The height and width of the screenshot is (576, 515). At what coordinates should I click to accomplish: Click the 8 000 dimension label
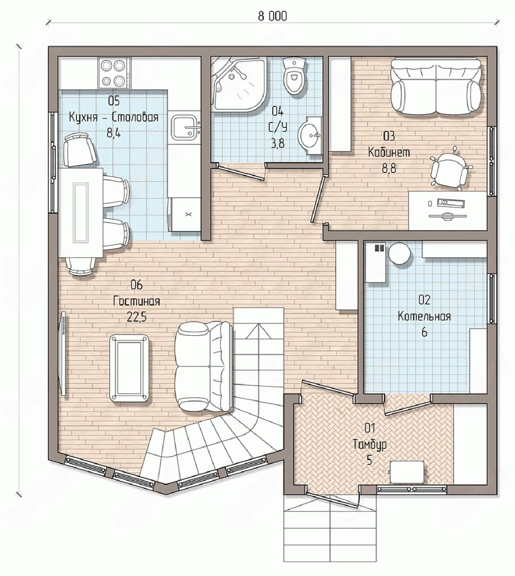(x=272, y=16)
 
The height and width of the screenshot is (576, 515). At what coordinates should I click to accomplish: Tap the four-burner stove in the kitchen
(x=114, y=73)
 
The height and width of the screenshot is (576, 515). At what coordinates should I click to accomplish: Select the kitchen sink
(x=185, y=127)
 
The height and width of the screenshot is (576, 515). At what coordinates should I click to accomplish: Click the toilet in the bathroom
(x=295, y=76)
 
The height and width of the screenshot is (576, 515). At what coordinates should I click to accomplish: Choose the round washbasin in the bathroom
(x=309, y=135)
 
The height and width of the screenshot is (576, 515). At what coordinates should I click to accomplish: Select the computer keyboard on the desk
(x=452, y=202)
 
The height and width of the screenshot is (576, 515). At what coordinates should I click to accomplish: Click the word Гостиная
(x=136, y=301)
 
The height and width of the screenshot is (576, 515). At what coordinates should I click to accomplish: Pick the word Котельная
(x=424, y=316)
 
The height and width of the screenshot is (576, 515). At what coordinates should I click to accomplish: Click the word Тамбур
(x=369, y=444)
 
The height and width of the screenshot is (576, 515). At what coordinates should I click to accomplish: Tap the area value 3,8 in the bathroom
(x=278, y=144)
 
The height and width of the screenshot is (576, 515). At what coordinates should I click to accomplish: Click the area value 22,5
(x=136, y=317)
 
